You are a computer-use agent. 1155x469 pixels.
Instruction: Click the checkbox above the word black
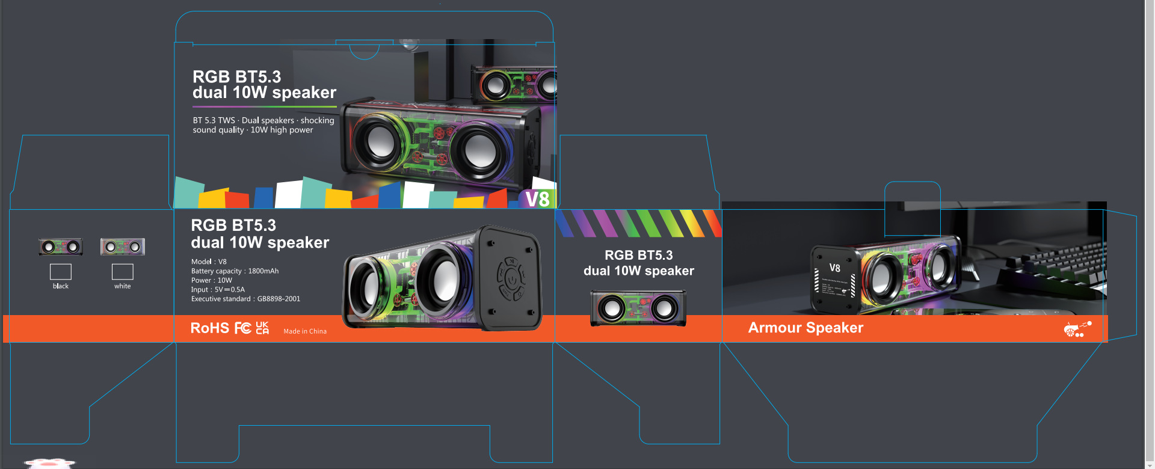(61, 272)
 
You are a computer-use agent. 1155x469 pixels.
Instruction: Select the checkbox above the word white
(123, 272)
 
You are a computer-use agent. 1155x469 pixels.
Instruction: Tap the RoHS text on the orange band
(210, 328)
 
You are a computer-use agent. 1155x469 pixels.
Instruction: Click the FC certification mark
(243, 328)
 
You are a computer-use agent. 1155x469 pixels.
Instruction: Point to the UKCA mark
(262, 328)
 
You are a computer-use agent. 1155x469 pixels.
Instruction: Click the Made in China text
(305, 331)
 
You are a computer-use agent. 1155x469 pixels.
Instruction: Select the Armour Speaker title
(805, 328)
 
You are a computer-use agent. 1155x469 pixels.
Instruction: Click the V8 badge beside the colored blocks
(537, 199)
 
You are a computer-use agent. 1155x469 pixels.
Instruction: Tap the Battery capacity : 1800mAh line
(235, 271)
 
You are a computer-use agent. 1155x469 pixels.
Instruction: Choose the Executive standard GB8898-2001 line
(245, 299)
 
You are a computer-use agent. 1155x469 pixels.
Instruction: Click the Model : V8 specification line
(209, 262)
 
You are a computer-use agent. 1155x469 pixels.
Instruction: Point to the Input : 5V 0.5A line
(218, 290)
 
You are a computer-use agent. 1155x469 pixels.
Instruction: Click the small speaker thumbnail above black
(61, 247)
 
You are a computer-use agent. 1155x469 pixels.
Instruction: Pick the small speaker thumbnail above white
(123, 247)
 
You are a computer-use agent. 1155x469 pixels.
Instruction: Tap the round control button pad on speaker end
(511, 278)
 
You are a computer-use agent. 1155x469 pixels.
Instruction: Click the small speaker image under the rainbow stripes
(638, 308)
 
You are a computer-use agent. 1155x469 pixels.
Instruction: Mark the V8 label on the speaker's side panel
(835, 268)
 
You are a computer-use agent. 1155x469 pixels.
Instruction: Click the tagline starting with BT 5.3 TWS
(263, 125)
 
